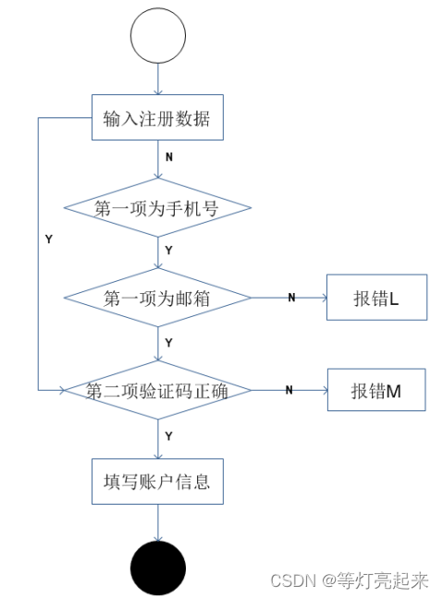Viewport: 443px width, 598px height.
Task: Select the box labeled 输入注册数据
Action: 157,118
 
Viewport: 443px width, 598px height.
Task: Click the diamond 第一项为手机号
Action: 157,208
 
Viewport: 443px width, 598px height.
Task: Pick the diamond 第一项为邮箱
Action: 157,298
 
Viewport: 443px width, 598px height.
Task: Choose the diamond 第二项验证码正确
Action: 157,390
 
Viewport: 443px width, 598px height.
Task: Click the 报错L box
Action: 376,298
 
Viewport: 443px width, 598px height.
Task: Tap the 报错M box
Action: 376,390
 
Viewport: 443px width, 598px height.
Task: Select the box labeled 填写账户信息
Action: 157,481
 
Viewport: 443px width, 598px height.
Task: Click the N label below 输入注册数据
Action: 168,157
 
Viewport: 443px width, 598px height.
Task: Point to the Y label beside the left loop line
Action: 48,239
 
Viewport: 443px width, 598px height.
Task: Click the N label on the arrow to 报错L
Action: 290,298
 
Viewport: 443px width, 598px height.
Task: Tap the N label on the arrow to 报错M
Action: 289,390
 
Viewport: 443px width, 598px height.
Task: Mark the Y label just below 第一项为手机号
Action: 168,250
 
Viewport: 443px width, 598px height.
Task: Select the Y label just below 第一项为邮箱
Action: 168,342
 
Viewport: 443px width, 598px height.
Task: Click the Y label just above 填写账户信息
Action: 168,435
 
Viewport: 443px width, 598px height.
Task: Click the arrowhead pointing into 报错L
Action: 322,298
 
